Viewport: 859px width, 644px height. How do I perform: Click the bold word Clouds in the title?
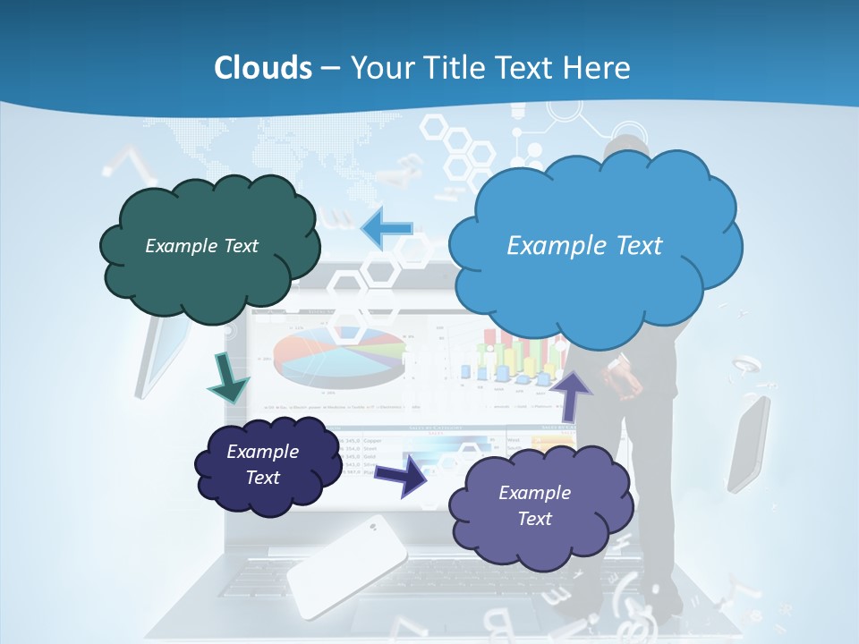tap(263, 67)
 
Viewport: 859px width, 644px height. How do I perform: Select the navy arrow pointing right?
tap(402, 475)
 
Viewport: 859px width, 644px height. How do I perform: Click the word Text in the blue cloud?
tap(632, 246)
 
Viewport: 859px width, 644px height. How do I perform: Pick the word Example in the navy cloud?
tap(262, 452)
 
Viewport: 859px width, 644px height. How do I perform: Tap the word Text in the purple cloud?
tap(534, 519)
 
